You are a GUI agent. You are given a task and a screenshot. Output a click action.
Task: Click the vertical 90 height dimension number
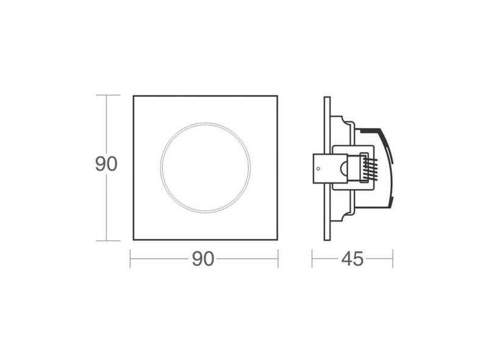106,164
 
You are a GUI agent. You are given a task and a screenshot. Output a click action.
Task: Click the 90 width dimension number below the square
203,259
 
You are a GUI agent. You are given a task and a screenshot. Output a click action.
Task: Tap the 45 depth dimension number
352,259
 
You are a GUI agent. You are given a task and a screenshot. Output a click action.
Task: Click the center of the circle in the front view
205,167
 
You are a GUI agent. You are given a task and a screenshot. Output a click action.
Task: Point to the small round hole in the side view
318,167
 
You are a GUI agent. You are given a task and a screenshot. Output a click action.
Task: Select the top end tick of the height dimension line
107,95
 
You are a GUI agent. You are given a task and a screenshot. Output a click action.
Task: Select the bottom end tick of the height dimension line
107,240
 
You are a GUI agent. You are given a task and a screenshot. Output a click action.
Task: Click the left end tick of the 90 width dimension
131,259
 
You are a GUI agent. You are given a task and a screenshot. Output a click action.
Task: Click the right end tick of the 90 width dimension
278,259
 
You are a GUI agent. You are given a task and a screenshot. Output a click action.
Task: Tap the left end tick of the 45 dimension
312,259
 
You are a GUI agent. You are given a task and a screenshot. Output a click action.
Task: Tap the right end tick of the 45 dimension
393,259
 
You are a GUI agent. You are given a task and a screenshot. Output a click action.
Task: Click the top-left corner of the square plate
134,96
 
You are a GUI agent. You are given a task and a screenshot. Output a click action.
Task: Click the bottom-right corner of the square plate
277,240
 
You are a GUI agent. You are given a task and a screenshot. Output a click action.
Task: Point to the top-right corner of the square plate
277,96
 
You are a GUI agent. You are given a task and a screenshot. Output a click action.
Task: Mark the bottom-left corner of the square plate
134,240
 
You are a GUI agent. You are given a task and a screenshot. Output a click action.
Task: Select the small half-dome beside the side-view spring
345,168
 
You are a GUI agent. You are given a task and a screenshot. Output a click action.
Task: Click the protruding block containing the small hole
321,168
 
